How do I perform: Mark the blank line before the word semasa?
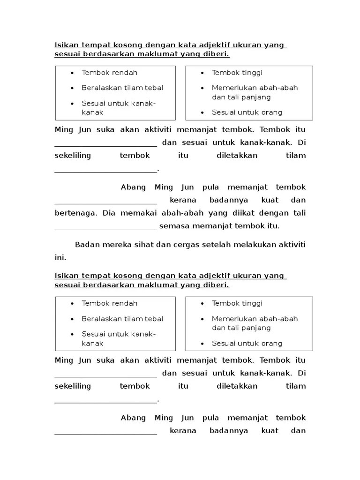pos(105,229)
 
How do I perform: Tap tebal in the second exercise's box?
pos(154,319)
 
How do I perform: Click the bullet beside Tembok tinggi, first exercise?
pos(202,73)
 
